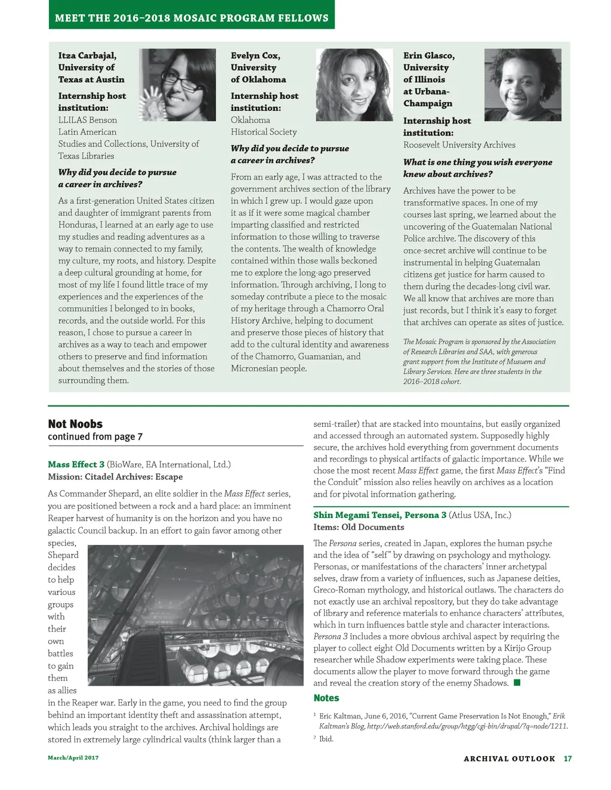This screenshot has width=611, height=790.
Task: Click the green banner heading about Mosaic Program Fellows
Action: (192, 18)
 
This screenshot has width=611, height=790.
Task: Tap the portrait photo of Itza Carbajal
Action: (177, 85)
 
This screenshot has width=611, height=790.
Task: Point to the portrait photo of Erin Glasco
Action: (523, 85)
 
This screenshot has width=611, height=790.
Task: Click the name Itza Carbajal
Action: (87, 55)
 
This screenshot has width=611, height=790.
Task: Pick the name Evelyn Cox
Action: (255, 55)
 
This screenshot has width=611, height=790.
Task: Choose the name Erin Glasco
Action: (429, 55)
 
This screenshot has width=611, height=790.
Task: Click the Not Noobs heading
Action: (75, 424)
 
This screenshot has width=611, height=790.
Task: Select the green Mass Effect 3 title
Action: (76, 464)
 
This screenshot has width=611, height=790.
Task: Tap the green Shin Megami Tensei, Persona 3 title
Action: (379, 515)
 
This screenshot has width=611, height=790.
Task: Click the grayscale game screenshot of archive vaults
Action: (196, 615)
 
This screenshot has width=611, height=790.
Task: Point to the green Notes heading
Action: (326, 698)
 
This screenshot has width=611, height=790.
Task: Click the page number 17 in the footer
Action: (567, 759)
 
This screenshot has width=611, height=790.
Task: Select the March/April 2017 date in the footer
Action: (73, 758)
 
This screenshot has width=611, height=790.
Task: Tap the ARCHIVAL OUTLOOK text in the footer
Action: (509, 759)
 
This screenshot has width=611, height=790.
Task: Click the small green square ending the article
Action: (517, 683)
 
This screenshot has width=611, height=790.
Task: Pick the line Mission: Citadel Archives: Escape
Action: (115, 477)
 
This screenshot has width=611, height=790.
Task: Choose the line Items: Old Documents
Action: (359, 527)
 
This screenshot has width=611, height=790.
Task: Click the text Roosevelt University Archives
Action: (459, 145)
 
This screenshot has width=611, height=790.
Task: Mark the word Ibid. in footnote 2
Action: (326, 739)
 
